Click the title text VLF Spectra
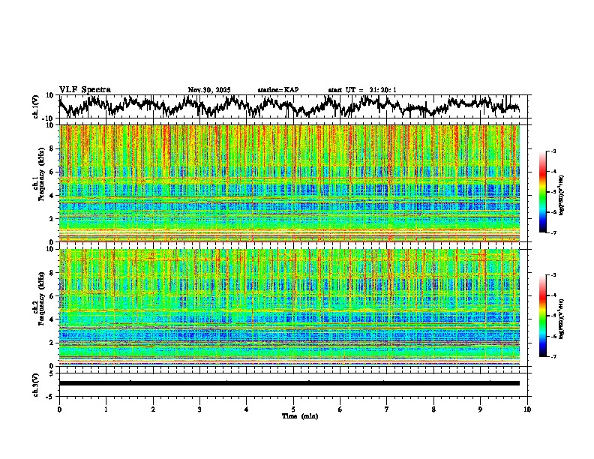85,89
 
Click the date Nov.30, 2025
209,90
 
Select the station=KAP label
278,90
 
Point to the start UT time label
362,90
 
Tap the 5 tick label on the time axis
293,409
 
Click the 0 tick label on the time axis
59,409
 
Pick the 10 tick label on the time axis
527,409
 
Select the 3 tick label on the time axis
199,409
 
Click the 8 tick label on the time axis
433,409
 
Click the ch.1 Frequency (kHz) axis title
37,183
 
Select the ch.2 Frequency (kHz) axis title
37,307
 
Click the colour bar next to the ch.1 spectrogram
544,192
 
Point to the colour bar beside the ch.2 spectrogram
544,316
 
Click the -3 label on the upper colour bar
553,152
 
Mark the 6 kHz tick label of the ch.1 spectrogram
51,172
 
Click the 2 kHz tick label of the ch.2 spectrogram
51,343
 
